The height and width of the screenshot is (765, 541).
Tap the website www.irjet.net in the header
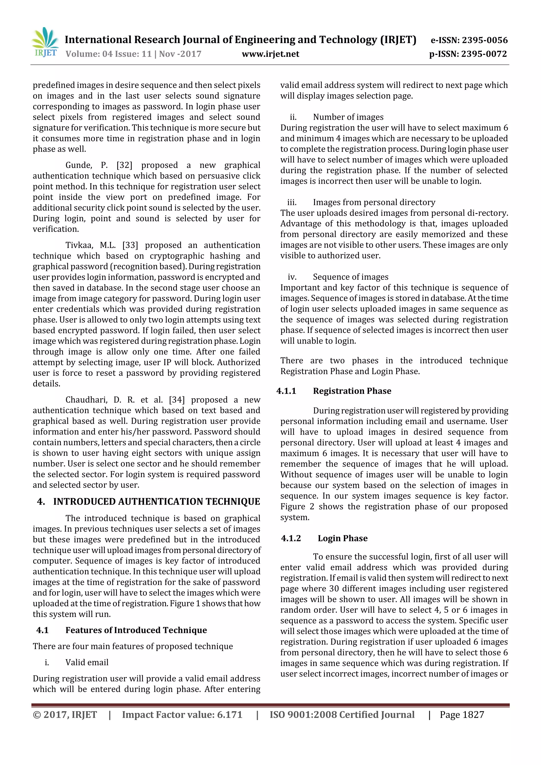pyautogui.click(x=270, y=54)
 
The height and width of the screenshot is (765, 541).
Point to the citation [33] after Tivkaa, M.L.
pyautogui.click(x=130, y=245)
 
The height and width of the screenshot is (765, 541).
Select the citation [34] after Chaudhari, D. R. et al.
pyautogui.click(x=177, y=400)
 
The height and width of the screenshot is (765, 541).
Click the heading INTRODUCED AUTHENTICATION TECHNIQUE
pyautogui.click(x=156, y=502)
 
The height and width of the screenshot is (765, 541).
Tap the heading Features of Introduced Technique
pyautogui.click(x=136, y=630)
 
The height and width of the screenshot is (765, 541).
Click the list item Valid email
pyautogui.click(x=87, y=662)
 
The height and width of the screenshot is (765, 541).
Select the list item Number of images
pyautogui.click(x=348, y=117)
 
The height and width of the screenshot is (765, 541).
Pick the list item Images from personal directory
pyautogui.click(x=374, y=203)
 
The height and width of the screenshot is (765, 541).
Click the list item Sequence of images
pyautogui.click(x=351, y=277)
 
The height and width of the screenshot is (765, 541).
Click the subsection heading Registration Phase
pyautogui.click(x=352, y=391)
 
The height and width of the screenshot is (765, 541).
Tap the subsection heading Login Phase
pyautogui.click(x=342, y=538)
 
